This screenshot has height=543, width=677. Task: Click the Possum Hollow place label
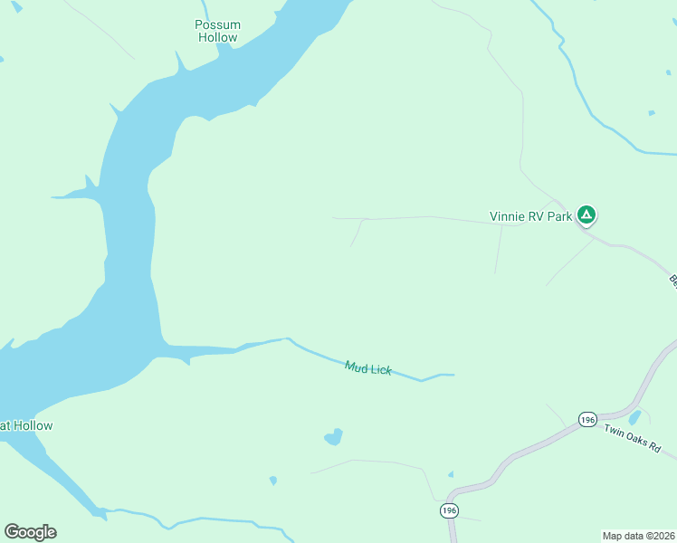[x=216, y=31]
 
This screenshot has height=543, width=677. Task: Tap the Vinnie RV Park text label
[x=530, y=216]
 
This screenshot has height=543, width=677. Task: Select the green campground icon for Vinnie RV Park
[x=586, y=215]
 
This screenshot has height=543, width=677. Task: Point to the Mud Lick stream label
[x=368, y=367]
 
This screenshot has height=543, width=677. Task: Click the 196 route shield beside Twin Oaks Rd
[x=587, y=420]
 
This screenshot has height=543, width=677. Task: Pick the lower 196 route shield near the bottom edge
[x=449, y=511]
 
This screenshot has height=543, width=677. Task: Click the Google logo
[x=30, y=531]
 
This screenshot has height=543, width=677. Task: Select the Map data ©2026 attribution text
[x=638, y=535]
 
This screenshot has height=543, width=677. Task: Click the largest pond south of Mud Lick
[x=334, y=437]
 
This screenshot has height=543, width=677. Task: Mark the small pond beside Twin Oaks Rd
[x=635, y=417]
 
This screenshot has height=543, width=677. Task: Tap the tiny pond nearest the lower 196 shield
[x=451, y=474]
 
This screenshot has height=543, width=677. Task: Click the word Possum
[x=216, y=24]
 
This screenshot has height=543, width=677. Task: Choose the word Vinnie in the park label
[x=507, y=216]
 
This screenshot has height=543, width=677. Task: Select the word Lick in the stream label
[x=380, y=370]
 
